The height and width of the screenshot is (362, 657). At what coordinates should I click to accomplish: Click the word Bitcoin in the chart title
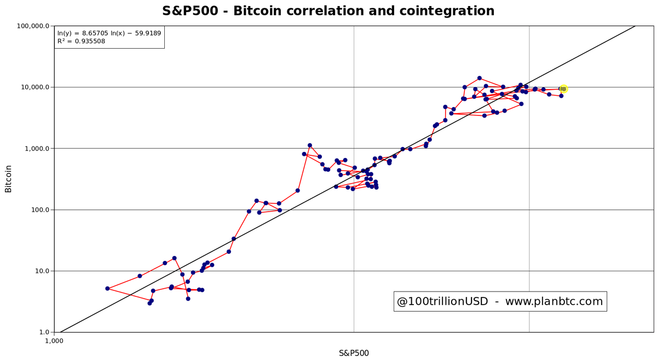click(257, 11)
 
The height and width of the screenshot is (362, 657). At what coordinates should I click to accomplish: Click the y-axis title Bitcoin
click(8, 179)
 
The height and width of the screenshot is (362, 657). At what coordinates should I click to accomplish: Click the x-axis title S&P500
click(354, 353)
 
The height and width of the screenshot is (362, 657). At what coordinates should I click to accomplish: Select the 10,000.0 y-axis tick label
click(34, 87)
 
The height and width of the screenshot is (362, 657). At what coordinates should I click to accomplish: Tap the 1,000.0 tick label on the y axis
click(36, 148)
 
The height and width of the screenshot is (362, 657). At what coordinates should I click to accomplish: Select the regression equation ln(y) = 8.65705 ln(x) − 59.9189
click(109, 33)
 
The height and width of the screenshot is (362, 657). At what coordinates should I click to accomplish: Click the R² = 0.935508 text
click(81, 42)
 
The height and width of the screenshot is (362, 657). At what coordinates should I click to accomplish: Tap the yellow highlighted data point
click(563, 89)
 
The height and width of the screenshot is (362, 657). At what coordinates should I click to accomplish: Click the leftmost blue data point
click(107, 288)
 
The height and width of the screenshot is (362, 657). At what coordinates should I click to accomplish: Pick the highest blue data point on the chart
click(480, 78)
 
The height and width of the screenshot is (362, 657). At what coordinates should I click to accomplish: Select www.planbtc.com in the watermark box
click(554, 301)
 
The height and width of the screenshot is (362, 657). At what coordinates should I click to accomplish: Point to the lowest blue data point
click(149, 303)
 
